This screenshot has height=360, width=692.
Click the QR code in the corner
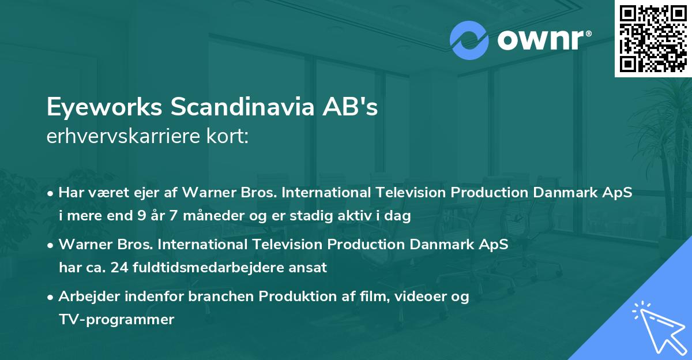click(653, 39)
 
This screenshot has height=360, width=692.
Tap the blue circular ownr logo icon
click(469, 40)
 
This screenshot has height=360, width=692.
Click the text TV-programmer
click(116, 319)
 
